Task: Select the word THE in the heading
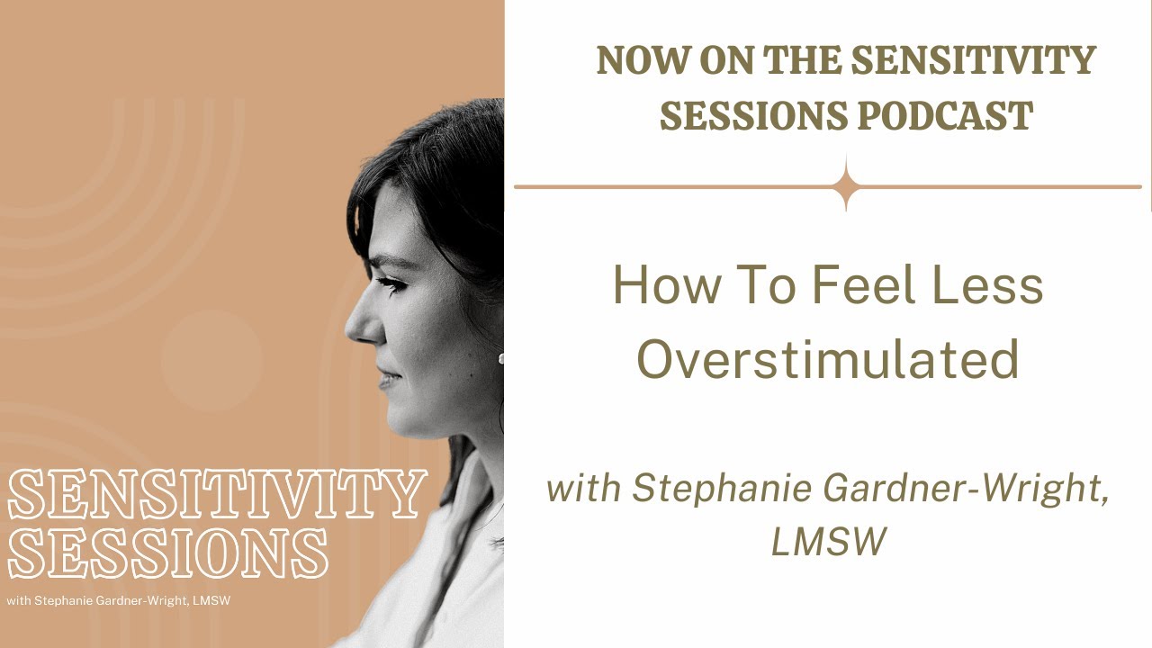(802, 61)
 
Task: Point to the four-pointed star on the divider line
(846, 187)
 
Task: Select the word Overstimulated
(828, 358)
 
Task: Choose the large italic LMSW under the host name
(828, 542)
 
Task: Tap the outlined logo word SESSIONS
(167, 552)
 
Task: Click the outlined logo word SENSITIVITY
(216, 495)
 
